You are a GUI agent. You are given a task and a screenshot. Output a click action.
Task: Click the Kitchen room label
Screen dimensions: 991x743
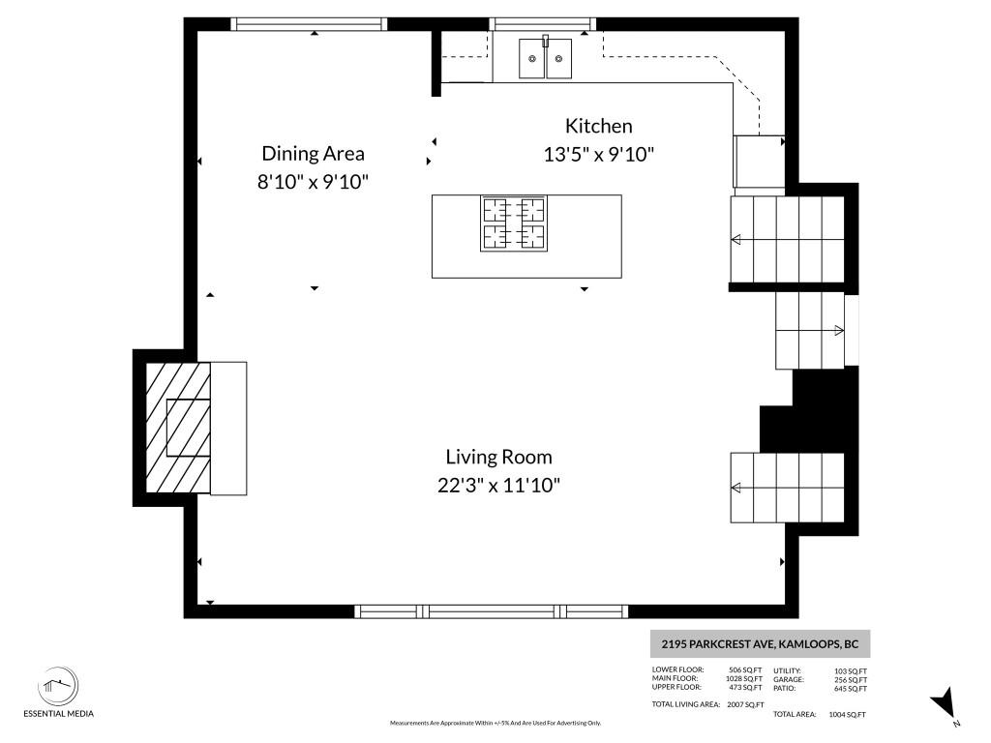coord(598,126)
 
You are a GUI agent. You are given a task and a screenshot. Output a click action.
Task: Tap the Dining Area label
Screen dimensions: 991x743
coord(313,154)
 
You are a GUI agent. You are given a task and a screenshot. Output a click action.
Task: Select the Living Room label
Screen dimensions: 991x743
coord(498,457)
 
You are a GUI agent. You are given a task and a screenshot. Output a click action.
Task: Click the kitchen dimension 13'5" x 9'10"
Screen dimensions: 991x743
coord(598,154)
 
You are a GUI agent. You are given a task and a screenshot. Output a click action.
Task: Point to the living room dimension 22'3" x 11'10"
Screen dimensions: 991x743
coord(498,486)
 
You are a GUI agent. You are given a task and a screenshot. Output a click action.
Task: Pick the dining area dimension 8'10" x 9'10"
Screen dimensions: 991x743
coord(313,182)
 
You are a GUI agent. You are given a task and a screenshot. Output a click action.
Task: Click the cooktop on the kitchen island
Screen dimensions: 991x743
coord(514,223)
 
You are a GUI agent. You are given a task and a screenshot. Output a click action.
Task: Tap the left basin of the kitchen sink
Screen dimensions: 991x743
coord(532,59)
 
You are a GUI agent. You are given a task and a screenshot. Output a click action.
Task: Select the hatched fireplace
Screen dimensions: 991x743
coord(178,428)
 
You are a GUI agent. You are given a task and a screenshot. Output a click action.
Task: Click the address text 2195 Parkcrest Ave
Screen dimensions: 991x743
coord(717,644)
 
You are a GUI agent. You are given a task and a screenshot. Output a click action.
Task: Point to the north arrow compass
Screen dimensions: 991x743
coord(945,703)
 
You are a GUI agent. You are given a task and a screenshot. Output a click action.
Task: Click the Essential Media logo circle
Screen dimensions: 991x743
coord(58,686)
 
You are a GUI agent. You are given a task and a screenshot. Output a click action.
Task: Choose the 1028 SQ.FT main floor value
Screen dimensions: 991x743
coord(744,678)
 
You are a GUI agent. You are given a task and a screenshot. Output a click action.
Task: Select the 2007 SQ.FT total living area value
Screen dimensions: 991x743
coord(745,704)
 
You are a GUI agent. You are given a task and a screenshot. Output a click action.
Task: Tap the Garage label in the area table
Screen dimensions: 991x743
coord(788,680)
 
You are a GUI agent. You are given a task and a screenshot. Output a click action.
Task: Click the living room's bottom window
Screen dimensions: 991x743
coord(491,611)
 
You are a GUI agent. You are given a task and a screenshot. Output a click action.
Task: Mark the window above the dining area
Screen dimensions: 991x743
coord(309,24)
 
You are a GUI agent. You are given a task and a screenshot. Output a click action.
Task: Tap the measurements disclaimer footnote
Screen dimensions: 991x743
coord(495,723)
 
